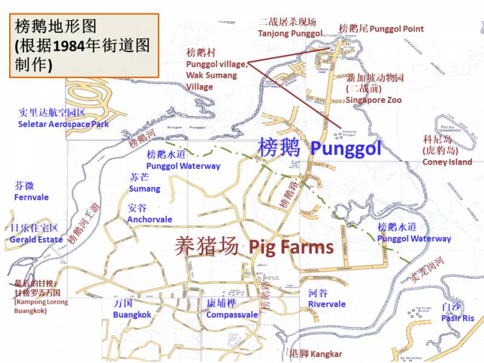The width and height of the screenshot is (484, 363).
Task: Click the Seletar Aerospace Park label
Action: point(64,124)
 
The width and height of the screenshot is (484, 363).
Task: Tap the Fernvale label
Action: point(31,197)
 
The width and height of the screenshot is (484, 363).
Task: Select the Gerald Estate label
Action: point(36,240)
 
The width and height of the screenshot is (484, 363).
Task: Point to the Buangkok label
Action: point(132,315)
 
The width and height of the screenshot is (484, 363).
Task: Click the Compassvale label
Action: point(232,315)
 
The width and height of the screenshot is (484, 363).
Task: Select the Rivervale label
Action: point(327,304)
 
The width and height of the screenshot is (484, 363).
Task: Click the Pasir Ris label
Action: point(458,318)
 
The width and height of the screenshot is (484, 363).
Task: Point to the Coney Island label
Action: point(447,162)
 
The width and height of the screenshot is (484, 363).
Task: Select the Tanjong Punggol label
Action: point(290,33)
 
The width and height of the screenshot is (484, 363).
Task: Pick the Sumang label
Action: point(145,189)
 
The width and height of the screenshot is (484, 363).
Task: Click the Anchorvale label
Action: point(149,219)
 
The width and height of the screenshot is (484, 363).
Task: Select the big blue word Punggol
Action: point(345,148)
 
